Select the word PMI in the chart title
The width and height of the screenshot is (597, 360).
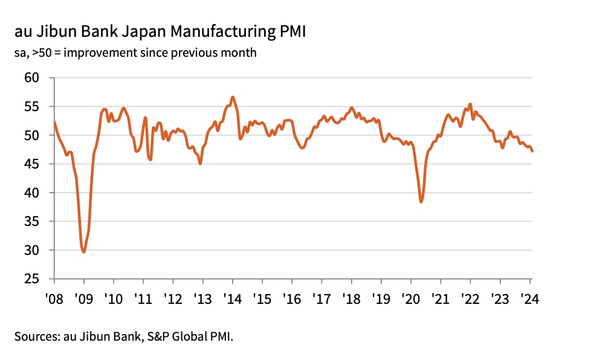[289, 31]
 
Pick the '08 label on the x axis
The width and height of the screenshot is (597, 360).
[54, 298]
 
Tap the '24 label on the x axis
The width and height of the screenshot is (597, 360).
[530, 298]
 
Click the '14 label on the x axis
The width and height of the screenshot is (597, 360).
[233, 298]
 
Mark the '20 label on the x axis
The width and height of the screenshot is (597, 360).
[411, 298]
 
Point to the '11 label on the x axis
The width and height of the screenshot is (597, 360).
[144, 298]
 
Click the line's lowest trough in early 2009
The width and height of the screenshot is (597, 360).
[83, 251]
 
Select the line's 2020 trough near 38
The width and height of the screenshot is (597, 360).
[421, 201]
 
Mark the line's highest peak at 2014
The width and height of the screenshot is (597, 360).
[233, 97]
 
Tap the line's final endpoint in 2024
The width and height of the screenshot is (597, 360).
[532, 151]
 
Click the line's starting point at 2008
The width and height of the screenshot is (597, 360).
[54, 122]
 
